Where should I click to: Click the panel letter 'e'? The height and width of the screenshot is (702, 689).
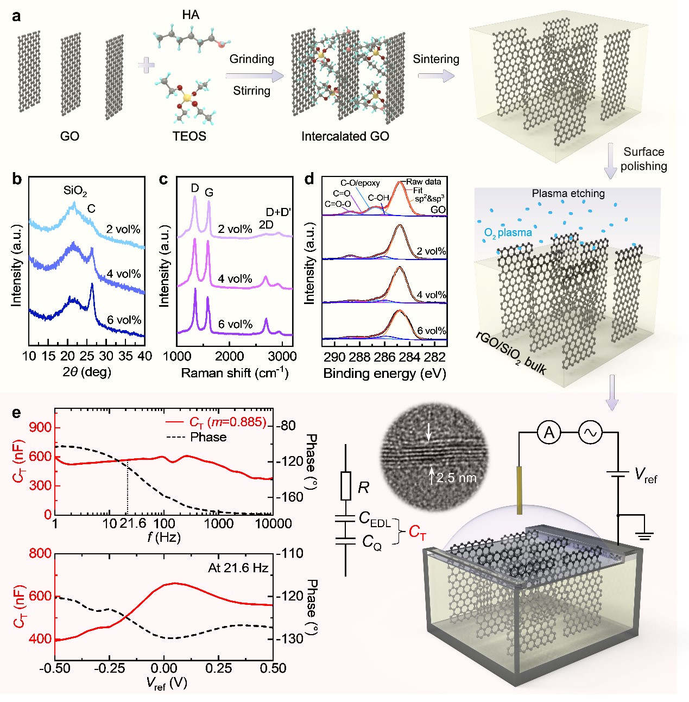point(17,413)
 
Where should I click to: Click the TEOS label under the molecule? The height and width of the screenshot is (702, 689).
point(189,136)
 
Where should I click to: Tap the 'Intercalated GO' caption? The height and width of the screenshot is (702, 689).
point(345,136)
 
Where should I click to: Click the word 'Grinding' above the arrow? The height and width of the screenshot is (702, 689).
point(251,59)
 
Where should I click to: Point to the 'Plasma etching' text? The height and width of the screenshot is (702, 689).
point(568,193)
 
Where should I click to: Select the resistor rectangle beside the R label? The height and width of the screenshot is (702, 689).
point(346,486)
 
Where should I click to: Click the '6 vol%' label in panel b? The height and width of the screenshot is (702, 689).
point(124,320)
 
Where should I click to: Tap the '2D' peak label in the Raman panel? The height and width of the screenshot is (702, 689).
point(266,225)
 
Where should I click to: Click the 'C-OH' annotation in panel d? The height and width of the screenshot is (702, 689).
point(378,198)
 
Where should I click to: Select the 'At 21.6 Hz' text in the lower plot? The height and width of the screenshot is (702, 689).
point(238,568)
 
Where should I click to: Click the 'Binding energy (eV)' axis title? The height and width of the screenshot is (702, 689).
point(384,374)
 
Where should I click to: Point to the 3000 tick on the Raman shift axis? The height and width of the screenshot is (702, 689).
point(282,356)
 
